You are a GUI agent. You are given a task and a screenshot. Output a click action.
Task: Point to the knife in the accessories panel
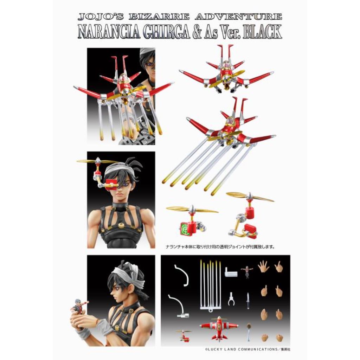(248, 301)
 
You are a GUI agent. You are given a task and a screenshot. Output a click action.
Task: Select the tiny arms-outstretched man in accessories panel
(247, 271)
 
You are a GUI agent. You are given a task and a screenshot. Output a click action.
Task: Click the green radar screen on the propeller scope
(185, 229)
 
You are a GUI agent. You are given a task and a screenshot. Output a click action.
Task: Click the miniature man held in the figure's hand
(78, 306)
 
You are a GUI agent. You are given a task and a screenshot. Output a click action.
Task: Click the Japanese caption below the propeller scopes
(220, 247)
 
